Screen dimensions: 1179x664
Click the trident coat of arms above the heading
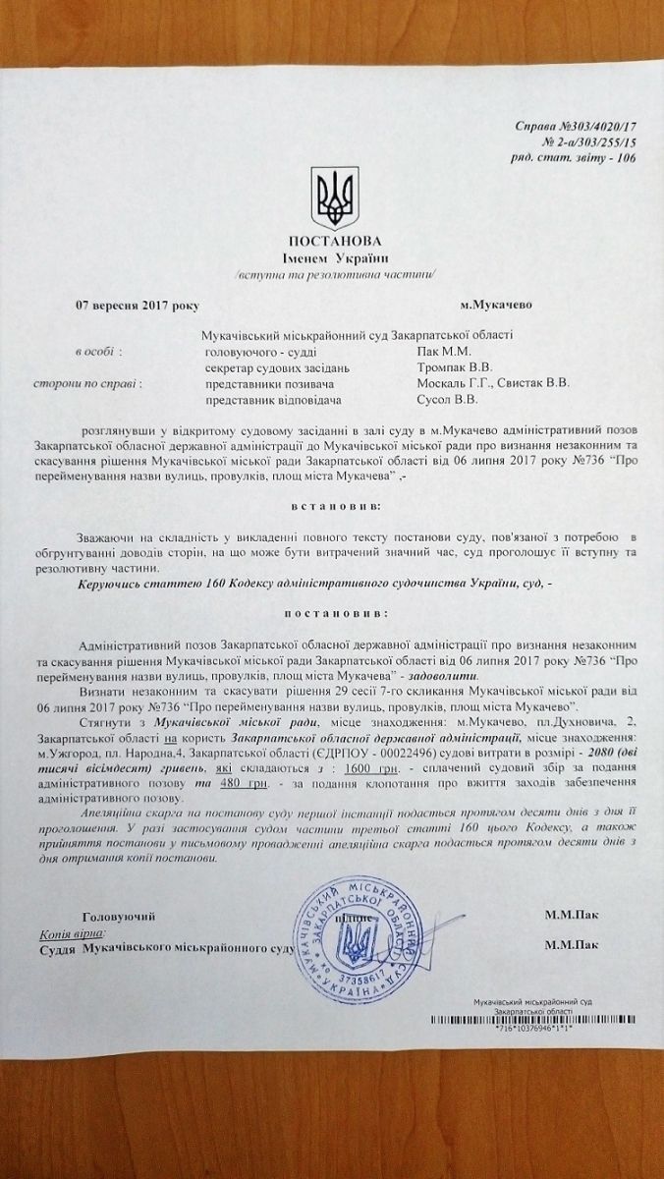pyautogui.click(x=331, y=196)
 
